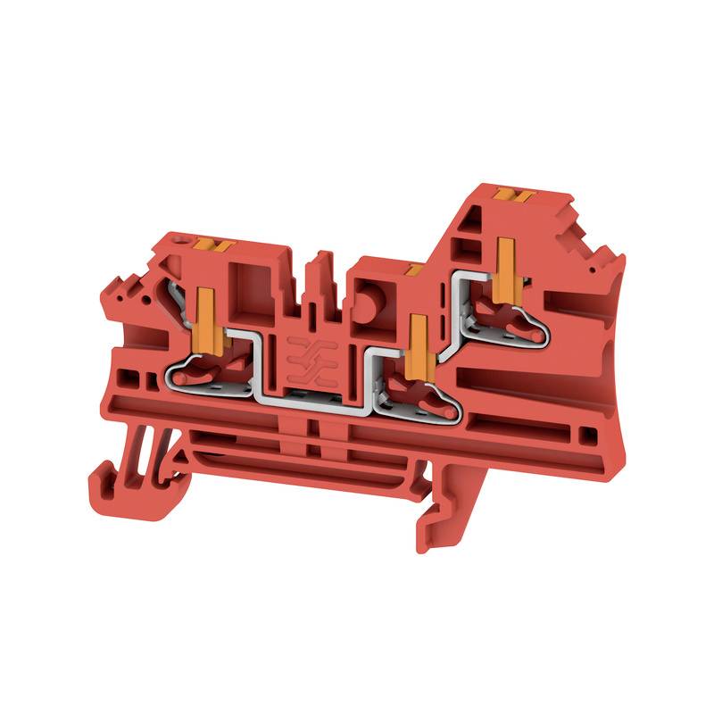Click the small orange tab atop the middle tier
[412, 268]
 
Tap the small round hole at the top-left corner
[187, 240]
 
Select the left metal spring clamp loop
[205, 370]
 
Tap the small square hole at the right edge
[587, 436]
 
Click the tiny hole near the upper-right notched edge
[590, 265]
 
